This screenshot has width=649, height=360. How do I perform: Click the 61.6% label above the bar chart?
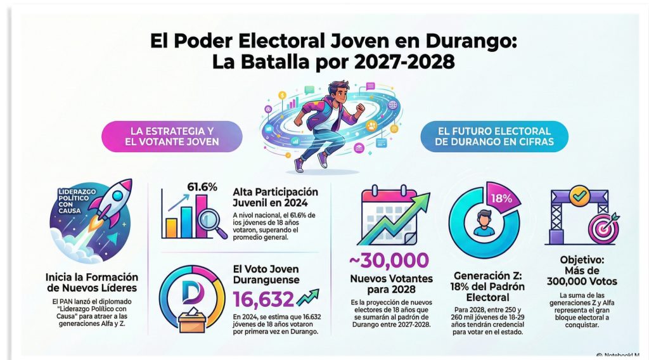coord(202,187)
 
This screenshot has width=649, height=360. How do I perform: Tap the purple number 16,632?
coord(263,298)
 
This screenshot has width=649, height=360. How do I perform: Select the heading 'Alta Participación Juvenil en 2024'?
coord(275,197)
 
